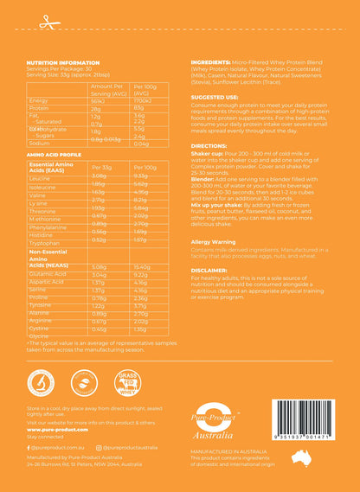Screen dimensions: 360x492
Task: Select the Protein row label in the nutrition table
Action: (x=38, y=108)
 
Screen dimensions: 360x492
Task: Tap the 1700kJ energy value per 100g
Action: (x=144, y=100)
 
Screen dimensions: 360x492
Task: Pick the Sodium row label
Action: (x=39, y=144)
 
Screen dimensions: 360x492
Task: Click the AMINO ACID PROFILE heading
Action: (x=55, y=154)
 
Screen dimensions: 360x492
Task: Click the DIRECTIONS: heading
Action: (x=209, y=147)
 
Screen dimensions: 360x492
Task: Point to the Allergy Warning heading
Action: (x=213, y=241)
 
